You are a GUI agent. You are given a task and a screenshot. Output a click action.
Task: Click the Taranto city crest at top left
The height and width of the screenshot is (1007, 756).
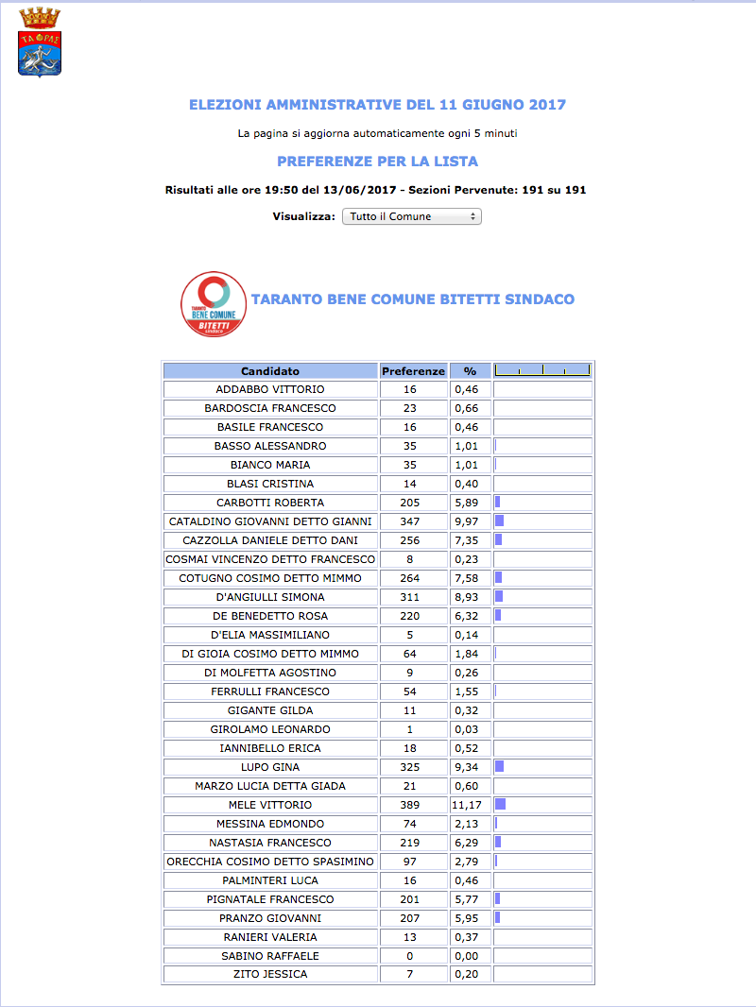39,43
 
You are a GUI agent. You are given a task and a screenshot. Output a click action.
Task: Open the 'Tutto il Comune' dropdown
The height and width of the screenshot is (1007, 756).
411,216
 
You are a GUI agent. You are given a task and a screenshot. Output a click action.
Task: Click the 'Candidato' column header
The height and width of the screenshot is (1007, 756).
270,371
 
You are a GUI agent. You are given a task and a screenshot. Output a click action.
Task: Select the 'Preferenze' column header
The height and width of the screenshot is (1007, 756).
413,371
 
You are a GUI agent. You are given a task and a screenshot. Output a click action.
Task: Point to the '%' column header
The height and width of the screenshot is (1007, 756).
470,371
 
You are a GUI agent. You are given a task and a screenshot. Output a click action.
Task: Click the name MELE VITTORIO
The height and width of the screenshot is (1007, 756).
270,805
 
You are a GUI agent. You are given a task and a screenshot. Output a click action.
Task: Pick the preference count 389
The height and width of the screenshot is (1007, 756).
409,805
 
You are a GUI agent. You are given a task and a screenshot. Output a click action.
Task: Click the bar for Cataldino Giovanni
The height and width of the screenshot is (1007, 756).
499,521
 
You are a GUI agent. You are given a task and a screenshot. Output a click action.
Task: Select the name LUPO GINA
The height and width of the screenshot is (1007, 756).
270,767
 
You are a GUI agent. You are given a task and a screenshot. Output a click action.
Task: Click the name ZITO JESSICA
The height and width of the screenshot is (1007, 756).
270,975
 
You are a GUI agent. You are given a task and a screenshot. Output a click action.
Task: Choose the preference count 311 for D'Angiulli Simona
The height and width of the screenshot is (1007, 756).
409,597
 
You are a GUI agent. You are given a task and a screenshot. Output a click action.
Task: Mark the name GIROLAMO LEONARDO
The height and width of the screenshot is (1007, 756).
270,729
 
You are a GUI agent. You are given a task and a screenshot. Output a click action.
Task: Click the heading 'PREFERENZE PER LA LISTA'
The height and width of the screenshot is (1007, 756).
377,162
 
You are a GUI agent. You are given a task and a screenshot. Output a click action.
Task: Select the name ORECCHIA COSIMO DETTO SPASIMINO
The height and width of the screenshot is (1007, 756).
270,862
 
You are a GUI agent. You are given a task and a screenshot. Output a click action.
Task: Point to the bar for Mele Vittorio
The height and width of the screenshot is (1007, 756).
500,805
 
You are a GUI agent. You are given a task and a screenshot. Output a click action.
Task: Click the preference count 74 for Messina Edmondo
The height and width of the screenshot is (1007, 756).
409,824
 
